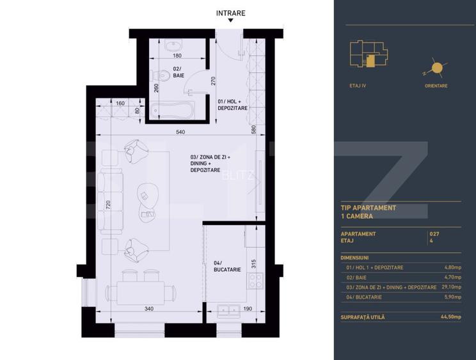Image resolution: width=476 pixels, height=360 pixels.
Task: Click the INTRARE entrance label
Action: click(230, 13)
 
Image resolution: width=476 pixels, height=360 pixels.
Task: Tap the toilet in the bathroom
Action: click(166, 75)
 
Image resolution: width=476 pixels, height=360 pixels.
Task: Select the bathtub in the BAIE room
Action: click(173, 111)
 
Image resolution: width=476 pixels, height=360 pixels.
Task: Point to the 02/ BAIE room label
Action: click(178, 72)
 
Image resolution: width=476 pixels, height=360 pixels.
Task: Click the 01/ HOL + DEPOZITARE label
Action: click(232, 105)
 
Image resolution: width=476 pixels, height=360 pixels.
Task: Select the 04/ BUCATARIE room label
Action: click(227, 266)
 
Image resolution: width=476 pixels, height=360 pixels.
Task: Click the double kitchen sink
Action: click(228, 311)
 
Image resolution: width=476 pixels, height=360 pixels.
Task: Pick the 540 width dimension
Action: click(181, 132)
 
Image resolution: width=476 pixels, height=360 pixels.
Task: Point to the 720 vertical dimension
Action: click(108, 205)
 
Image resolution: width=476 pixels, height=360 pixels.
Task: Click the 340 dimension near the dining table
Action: click(148, 309)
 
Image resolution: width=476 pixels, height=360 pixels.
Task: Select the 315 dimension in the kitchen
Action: click(254, 263)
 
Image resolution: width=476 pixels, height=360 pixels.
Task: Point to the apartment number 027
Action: click(435, 234)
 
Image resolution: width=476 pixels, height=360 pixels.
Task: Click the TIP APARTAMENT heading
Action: click(369, 208)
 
